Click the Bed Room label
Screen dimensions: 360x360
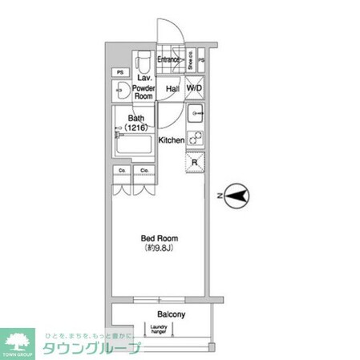point(160,239)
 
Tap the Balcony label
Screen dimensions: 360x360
point(172,314)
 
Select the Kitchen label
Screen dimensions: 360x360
point(172,140)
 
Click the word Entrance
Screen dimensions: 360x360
point(169,59)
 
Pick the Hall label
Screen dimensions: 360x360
point(172,89)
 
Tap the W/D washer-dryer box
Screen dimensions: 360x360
point(195,89)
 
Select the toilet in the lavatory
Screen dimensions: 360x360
point(144,61)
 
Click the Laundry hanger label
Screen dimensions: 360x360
point(156,328)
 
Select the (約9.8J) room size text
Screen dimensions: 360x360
point(160,249)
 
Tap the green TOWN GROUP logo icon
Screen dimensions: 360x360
point(18,341)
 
